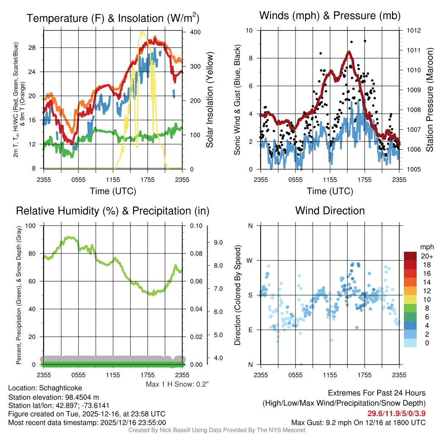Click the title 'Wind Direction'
[330, 211]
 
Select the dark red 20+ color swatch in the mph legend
[410, 256]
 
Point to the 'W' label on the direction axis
[250, 260]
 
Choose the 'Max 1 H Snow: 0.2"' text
[177, 384]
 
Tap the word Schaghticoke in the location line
[60, 388]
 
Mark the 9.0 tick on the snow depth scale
[218, 242]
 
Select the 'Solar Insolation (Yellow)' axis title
[209, 100]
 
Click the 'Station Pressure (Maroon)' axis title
[428, 100]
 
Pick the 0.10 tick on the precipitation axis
[195, 225]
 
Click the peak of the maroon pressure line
[349, 52]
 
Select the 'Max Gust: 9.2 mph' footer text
[359, 423]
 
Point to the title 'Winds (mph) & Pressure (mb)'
[330, 16]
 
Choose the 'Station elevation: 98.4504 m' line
[53, 397]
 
